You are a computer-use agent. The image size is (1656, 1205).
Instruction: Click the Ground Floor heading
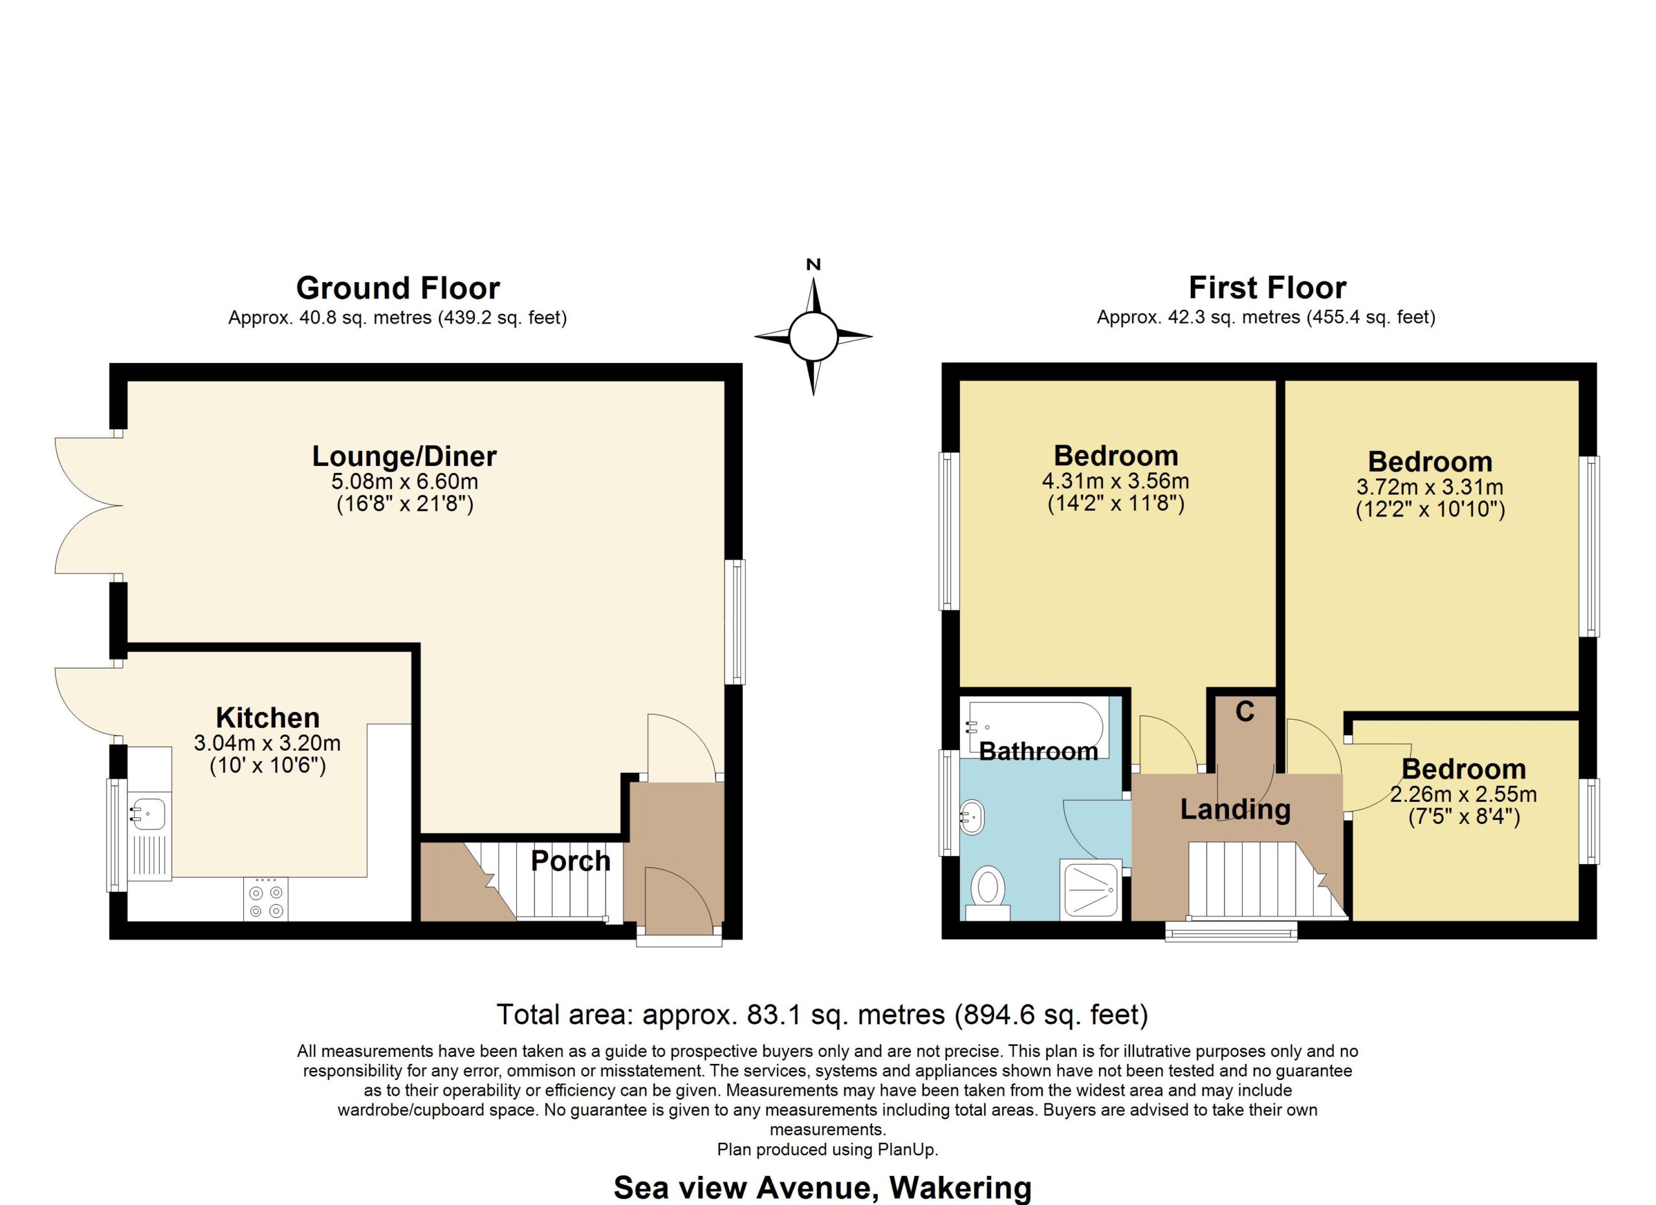click(x=398, y=289)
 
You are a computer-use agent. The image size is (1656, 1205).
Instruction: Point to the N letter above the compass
click(x=813, y=265)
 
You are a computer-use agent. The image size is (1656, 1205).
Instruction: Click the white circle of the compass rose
click(x=812, y=337)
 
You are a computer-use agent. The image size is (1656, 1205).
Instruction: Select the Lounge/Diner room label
click(x=404, y=456)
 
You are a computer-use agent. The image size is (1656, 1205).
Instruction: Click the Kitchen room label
click(x=268, y=718)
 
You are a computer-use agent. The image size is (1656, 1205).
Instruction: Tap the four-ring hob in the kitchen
click(x=266, y=901)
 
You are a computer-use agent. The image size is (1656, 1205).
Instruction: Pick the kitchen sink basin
click(x=147, y=813)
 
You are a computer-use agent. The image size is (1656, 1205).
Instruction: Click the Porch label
click(x=571, y=861)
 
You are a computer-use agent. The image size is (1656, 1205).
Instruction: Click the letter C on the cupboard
click(x=1245, y=712)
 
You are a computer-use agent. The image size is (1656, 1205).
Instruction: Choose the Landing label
click(x=1236, y=810)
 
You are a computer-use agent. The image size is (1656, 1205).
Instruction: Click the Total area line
click(x=823, y=1015)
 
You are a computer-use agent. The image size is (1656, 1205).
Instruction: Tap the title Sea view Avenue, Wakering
click(x=823, y=1188)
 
